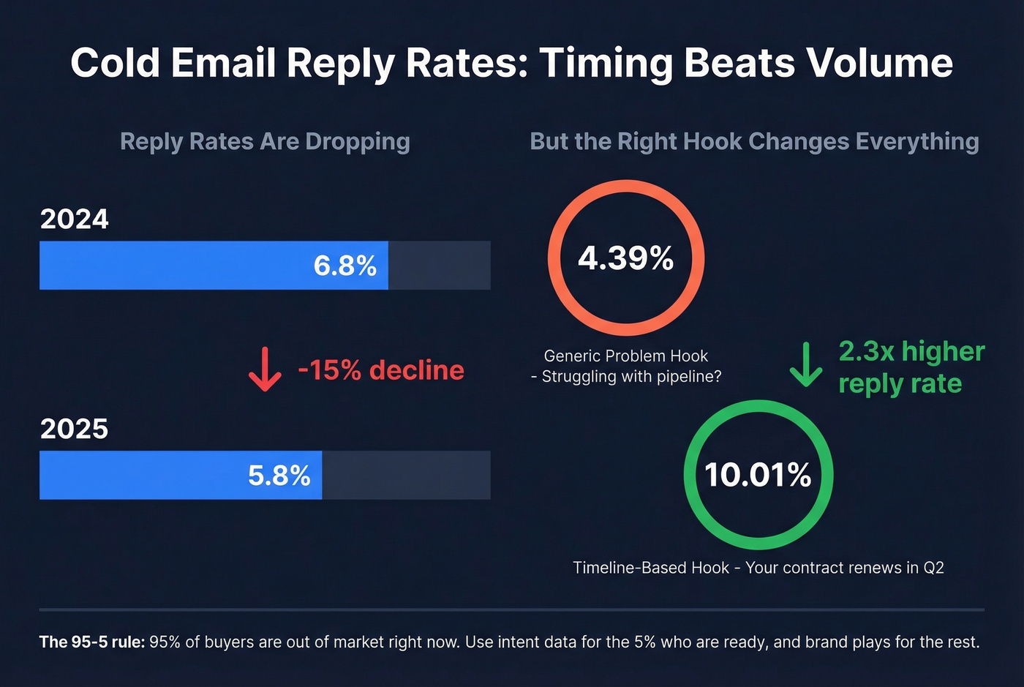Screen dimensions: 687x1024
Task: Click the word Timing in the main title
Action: click(x=605, y=63)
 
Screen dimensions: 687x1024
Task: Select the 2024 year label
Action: click(x=75, y=219)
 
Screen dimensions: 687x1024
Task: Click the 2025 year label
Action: click(x=75, y=429)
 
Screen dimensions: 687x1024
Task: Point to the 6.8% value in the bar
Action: click(x=345, y=266)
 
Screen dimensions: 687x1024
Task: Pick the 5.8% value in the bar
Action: click(x=279, y=476)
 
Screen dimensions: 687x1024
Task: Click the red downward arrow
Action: click(x=265, y=369)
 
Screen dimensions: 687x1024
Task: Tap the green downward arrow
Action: click(x=805, y=364)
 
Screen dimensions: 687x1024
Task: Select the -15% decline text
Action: click(x=380, y=370)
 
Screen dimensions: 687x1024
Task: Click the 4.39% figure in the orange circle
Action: click(x=625, y=258)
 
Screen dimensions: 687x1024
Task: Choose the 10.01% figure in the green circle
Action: click(x=758, y=475)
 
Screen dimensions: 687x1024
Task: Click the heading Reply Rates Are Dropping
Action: click(x=265, y=141)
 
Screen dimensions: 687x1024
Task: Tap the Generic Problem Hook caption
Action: click(x=625, y=356)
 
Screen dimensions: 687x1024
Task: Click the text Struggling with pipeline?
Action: click(x=631, y=376)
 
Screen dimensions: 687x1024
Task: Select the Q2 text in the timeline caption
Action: click(x=933, y=568)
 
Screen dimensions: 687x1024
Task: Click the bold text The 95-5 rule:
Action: click(x=91, y=642)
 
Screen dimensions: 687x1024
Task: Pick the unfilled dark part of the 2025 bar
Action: click(x=406, y=476)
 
